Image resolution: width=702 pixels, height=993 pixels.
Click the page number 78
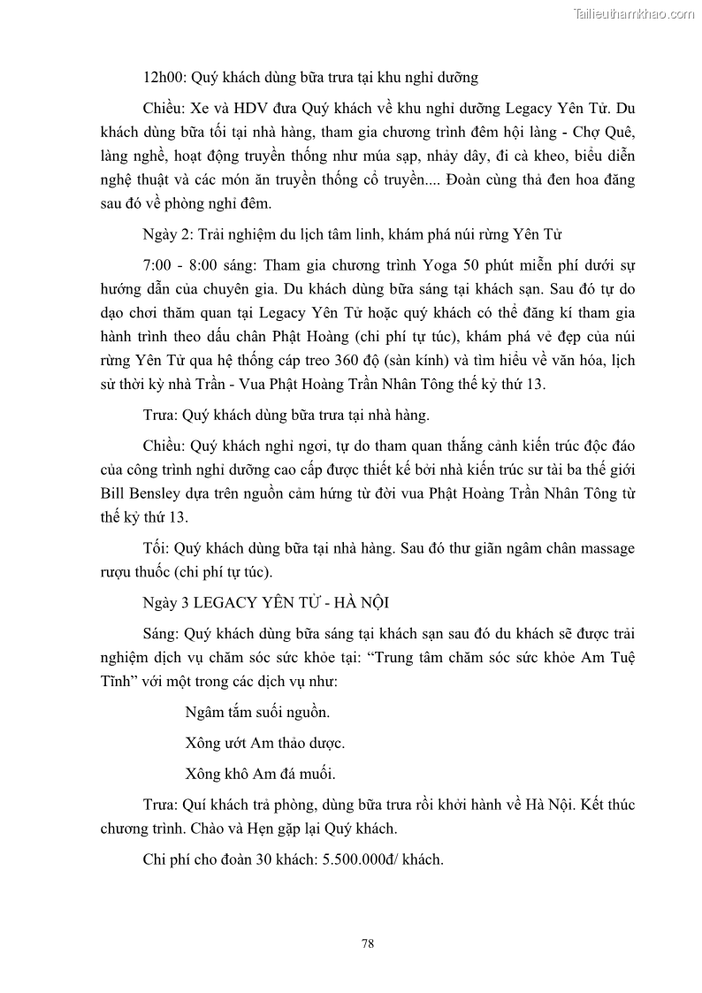point(368,943)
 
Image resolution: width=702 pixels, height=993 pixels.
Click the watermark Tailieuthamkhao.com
point(634,13)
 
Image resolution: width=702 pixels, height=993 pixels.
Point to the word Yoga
point(430,264)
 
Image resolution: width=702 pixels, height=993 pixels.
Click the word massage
point(606,548)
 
